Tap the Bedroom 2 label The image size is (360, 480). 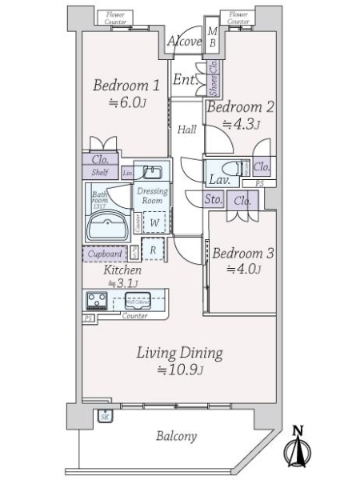pyautogui.click(x=241, y=107)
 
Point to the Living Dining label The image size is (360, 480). pyautogui.click(x=178, y=352)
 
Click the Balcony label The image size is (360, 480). pyautogui.click(x=177, y=437)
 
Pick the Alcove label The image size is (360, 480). pyautogui.click(x=185, y=42)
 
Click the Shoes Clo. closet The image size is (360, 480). pyautogui.click(x=214, y=78)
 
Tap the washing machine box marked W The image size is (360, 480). pyautogui.click(x=151, y=224)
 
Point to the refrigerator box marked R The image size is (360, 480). pyautogui.click(x=153, y=250)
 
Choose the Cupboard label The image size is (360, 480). pyautogui.click(x=104, y=254)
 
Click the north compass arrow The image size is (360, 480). pyautogui.click(x=298, y=449)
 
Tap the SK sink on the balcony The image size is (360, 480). pyautogui.click(x=105, y=416)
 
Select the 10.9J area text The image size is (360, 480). pyautogui.click(x=179, y=370)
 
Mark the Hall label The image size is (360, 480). pyautogui.click(x=187, y=130)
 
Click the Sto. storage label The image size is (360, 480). pyautogui.click(x=214, y=199)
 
